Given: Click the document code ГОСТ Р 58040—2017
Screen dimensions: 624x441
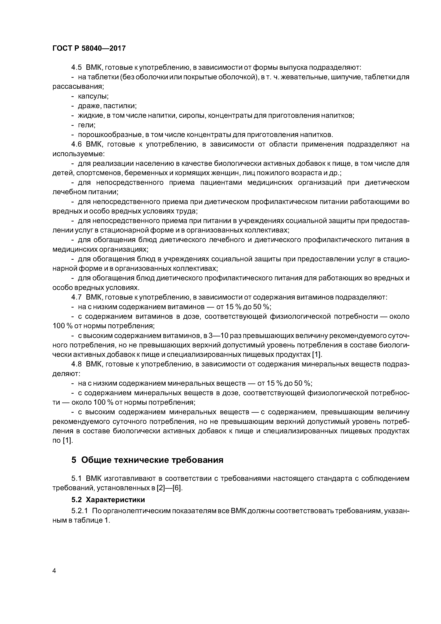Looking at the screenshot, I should (x=89, y=48).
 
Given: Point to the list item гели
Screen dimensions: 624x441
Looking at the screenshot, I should (x=86, y=125).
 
